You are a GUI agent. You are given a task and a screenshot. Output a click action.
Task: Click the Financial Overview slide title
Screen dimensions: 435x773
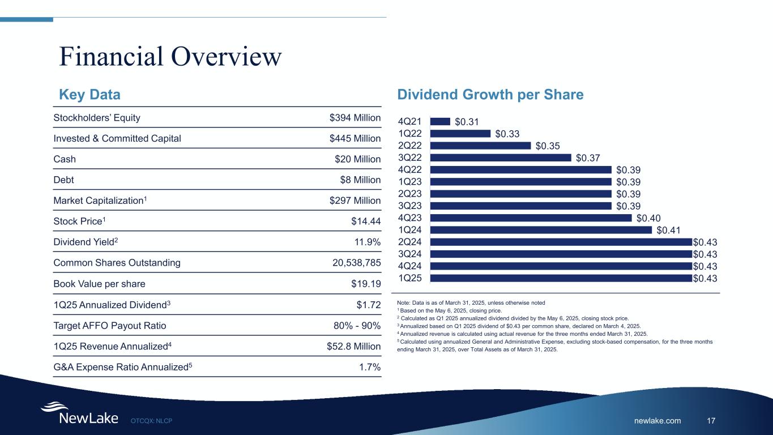click(x=170, y=57)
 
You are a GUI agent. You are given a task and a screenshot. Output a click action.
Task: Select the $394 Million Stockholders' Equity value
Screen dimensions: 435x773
click(x=355, y=118)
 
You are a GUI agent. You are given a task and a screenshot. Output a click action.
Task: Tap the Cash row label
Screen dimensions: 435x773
click(x=65, y=159)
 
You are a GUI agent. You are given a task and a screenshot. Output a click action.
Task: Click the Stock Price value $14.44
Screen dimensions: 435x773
click(x=366, y=221)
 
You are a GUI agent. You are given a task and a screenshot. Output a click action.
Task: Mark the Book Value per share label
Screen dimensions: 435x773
click(x=99, y=283)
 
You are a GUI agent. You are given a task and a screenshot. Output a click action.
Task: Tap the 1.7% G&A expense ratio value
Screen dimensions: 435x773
click(x=370, y=366)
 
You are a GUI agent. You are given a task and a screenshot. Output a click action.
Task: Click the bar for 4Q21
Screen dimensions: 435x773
click(x=440, y=121)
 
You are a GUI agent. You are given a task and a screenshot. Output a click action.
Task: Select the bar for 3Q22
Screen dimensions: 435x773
click(x=501, y=157)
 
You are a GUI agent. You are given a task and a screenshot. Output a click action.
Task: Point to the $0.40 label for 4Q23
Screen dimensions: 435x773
click(x=648, y=218)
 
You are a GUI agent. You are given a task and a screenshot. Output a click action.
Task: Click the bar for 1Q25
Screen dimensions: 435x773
click(x=561, y=278)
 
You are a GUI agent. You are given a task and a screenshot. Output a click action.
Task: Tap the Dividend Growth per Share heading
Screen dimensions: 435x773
click(x=490, y=95)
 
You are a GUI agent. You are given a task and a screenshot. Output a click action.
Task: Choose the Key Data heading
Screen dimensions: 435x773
click(x=90, y=95)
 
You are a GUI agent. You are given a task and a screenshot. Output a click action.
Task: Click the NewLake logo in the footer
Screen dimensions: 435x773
click(x=79, y=413)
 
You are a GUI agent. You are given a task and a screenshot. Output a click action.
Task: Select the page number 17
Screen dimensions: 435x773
click(x=712, y=420)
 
